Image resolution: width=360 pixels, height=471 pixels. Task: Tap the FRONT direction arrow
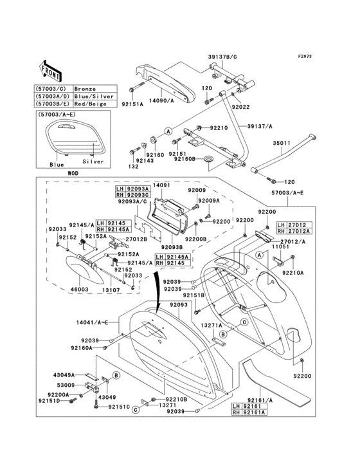50,69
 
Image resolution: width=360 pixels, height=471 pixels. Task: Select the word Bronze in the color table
85,88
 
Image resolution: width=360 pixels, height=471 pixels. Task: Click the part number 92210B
175,400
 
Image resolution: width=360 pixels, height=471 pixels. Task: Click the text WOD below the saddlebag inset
57,173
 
